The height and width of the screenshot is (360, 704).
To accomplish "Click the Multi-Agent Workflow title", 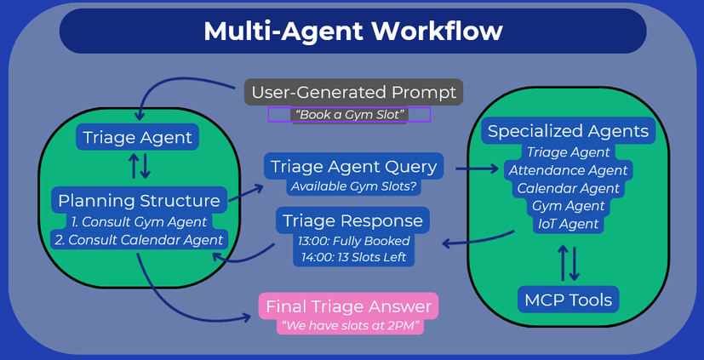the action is (353, 31).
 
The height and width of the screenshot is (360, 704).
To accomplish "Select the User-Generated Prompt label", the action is (353, 93).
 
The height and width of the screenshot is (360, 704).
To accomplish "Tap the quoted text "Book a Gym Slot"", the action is (349, 114).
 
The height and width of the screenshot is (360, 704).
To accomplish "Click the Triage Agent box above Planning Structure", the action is (137, 137).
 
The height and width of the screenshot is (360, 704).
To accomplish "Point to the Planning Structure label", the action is (140, 200).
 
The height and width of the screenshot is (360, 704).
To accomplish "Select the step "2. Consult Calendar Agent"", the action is (140, 240).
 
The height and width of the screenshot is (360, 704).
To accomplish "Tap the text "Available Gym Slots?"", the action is (353, 186).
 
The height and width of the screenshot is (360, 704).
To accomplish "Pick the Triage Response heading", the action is (353, 220).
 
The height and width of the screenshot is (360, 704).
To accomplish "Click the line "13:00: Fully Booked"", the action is (354, 241).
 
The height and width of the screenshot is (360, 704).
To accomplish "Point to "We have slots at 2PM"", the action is (351, 326).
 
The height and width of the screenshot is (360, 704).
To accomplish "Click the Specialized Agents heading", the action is (568, 131).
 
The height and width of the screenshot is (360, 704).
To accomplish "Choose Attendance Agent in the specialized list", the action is (568, 170).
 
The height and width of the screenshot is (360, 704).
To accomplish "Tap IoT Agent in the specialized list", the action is (568, 224).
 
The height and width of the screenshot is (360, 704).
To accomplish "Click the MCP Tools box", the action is (568, 300).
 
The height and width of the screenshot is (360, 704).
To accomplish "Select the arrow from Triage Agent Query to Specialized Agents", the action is (477, 169).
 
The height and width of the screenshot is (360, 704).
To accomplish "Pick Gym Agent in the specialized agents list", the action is (568, 206).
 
